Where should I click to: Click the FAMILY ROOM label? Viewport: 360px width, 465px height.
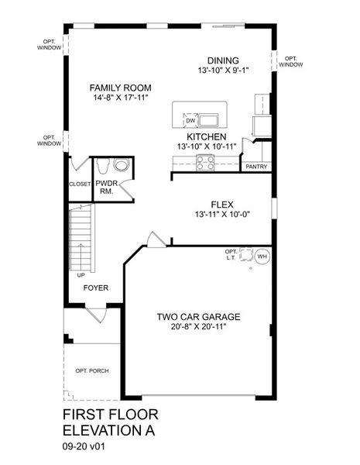click(x=119, y=88)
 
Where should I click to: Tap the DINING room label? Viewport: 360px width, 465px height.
click(x=222, y=60)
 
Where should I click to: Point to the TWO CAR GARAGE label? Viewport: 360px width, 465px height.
click(x=199, y=316)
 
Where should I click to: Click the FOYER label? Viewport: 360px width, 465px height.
click(x=96, y=288)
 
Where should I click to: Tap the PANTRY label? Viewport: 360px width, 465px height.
click(x=256, y=166)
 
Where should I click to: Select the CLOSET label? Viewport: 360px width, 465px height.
click(x=79, y=184)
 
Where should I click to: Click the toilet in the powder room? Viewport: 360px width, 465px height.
click(x=120, y=165)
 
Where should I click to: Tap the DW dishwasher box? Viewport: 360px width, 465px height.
click(x=190, y=120)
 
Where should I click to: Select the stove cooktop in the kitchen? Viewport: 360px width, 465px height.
click(x=206, y=162)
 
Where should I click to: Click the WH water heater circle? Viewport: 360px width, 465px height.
click(x=262, y=256)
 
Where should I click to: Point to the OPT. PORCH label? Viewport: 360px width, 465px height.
click(x=92, y=370)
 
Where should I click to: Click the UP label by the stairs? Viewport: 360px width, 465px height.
click(x=81, y=274)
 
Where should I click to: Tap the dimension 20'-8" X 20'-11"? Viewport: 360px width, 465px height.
click(x=199, y=327)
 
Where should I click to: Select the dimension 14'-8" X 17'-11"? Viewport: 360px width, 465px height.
click(x=119, y=98)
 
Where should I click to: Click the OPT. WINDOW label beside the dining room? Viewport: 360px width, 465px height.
click(x=291, y=61)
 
